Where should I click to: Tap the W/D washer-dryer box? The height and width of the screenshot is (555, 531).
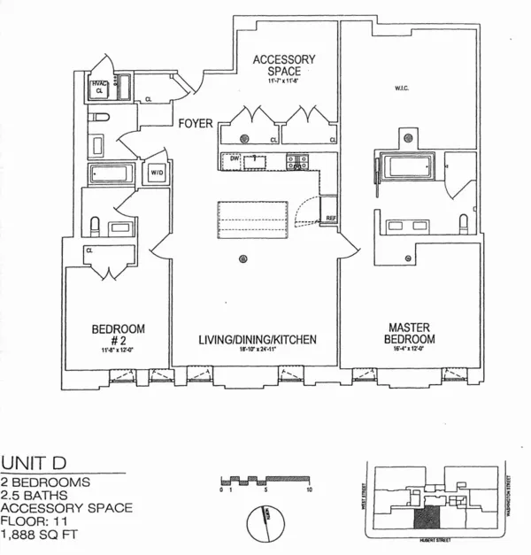click(x=157, y=172)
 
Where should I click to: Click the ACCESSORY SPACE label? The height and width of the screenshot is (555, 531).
click(x=284, y=66)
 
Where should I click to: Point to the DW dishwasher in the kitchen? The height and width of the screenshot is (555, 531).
click(x=235, y=158)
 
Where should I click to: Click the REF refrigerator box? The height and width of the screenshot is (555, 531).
click(x=330, y=218)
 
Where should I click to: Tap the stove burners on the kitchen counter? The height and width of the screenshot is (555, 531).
click(x=296, y=160)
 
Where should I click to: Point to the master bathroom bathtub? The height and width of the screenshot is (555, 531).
click(x=406, y=167)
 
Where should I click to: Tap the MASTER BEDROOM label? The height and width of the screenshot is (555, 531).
click(x=409, y=334)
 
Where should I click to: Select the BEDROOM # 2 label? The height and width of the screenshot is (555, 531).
click(x=118, y=335)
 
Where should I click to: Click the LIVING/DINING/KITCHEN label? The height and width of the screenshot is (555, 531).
click(x=255, y=340)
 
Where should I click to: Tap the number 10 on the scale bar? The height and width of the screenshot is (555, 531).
click(x=308, y=489)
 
